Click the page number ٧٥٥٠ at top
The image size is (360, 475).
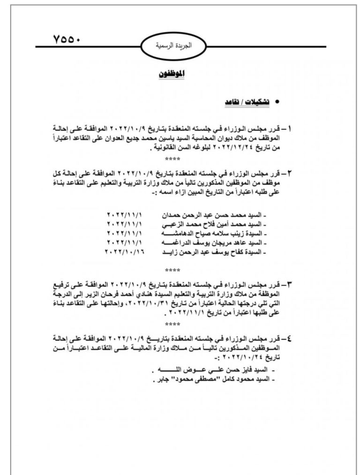coord(67,38)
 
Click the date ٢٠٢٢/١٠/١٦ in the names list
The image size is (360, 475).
coord(126,253)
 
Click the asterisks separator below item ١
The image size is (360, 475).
coord(172,160)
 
